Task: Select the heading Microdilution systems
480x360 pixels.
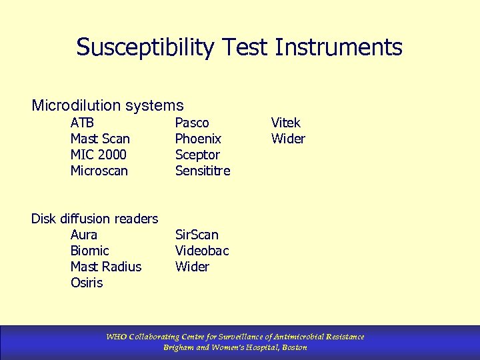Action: (x=107, y=105)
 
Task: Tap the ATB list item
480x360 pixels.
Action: (x=82, y=123)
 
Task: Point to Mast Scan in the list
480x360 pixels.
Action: (x=100, y=139)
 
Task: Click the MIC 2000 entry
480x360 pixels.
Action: (x=99, y=155)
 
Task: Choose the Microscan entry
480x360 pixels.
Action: (x=99, y=171)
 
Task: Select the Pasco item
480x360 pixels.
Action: (x=192, y=123)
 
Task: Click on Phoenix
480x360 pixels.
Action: (x=198, y=139)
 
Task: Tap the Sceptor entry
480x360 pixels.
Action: (x=197, y=155)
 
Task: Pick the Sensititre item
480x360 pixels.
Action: (x=203, y=171)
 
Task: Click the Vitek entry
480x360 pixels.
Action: (x=285, y=123)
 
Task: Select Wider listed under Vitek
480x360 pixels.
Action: (x=288, y=139)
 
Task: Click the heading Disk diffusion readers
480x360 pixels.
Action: (x=95, y=219)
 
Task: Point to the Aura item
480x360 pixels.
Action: (x=84, y=235)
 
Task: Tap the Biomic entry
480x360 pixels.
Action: (x=90, y=251)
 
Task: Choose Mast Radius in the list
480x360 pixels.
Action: (x=106, y=267)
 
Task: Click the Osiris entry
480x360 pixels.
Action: (x=87, y=283)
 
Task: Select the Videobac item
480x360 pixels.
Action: (x=202, y=251)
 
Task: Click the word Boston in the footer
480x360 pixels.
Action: (x=294, y=347)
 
